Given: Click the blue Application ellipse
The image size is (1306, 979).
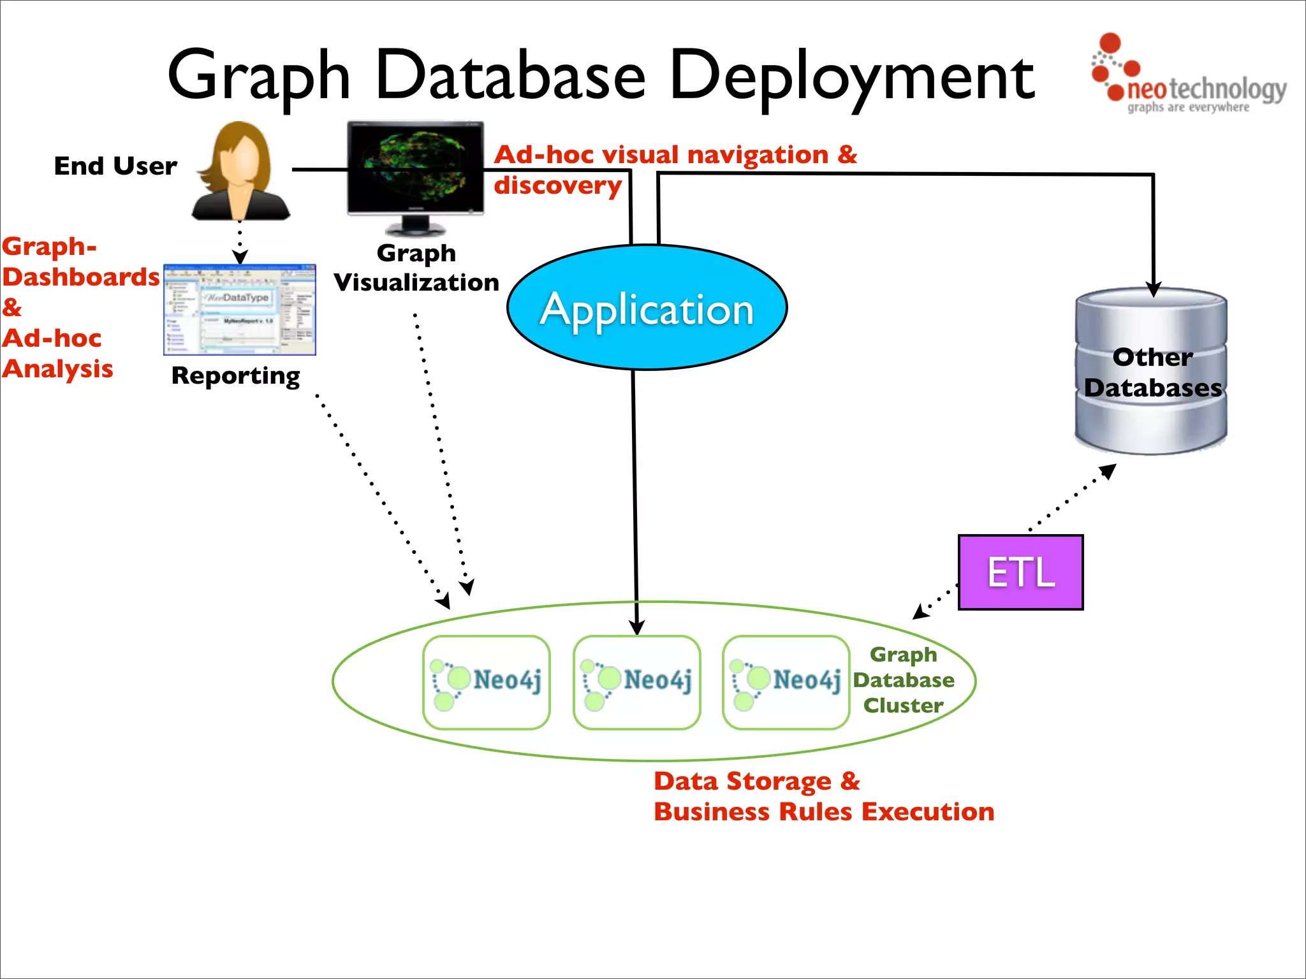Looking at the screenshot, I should click(x=647, y=308).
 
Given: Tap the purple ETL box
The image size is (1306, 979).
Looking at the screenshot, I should click(x=1020, y=572).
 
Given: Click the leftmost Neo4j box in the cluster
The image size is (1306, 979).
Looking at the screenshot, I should click(x=487, y=682).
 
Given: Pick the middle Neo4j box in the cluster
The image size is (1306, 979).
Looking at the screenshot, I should click(x=636, y=682).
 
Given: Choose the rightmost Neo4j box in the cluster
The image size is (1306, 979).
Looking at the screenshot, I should click(x=786, y=682).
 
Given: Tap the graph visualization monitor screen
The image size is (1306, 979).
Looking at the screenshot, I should click(x=415, y=167).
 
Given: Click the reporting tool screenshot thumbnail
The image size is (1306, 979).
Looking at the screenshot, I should click(x=240, y=310).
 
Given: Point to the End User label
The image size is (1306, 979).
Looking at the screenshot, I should click(x=115, y=166).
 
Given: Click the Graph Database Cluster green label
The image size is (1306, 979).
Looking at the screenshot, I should click(x=904, y=680).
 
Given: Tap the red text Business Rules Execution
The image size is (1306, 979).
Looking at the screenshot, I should click(x=823, y=812).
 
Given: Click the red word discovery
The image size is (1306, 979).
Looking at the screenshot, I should click(x=557, y=185).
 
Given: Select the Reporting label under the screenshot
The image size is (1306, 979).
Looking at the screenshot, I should click(x=235, y=375).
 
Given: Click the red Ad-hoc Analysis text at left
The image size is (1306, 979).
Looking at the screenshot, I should click(x=57, y=354).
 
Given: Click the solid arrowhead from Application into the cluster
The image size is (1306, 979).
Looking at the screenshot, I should click(x=636, y=627).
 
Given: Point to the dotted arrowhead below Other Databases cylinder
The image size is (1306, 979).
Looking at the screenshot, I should click(x=1109, y=471).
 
